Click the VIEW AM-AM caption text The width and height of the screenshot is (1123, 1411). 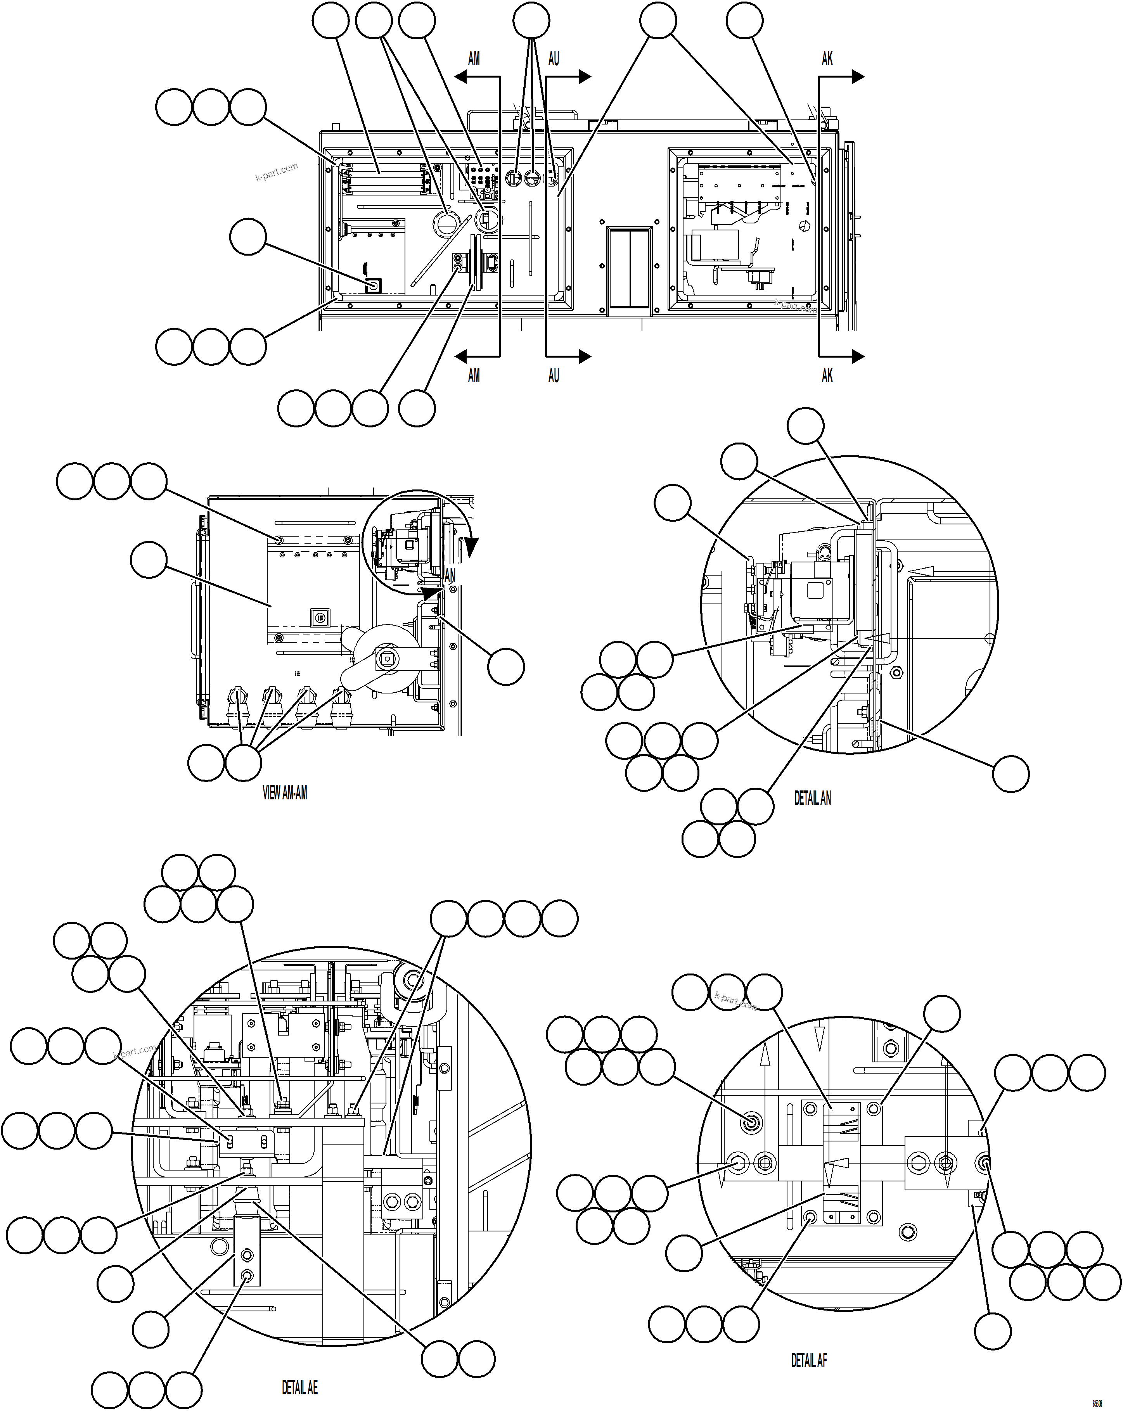[285, 793]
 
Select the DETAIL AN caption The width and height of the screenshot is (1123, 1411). [812, 799]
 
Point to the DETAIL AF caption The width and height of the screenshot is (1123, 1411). [809, 1343]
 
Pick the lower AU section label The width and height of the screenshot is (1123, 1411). [554, 376]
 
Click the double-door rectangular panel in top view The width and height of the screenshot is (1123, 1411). [629, 268]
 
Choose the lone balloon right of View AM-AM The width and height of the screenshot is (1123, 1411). [506, 667]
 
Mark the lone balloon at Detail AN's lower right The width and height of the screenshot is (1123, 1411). [1011, 774]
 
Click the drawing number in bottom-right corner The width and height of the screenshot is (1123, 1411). [1097, 1403]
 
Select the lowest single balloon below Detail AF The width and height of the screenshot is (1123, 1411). [993, 1331]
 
